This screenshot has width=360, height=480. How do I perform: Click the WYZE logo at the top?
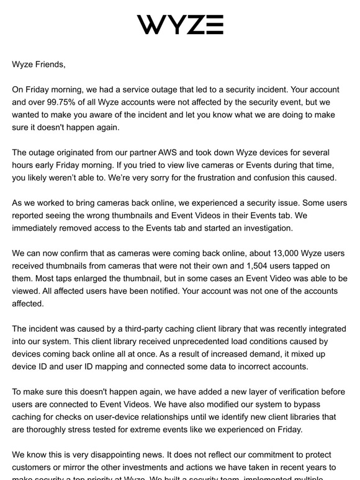click(x=180, y=24)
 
